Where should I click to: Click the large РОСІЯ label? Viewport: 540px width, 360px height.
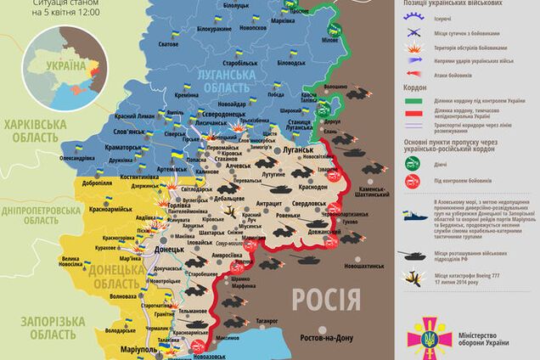tap(326, 299)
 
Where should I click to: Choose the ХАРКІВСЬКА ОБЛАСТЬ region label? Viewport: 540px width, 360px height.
tap(35, 129)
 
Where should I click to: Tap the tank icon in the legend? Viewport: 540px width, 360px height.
tap(415, 253)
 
